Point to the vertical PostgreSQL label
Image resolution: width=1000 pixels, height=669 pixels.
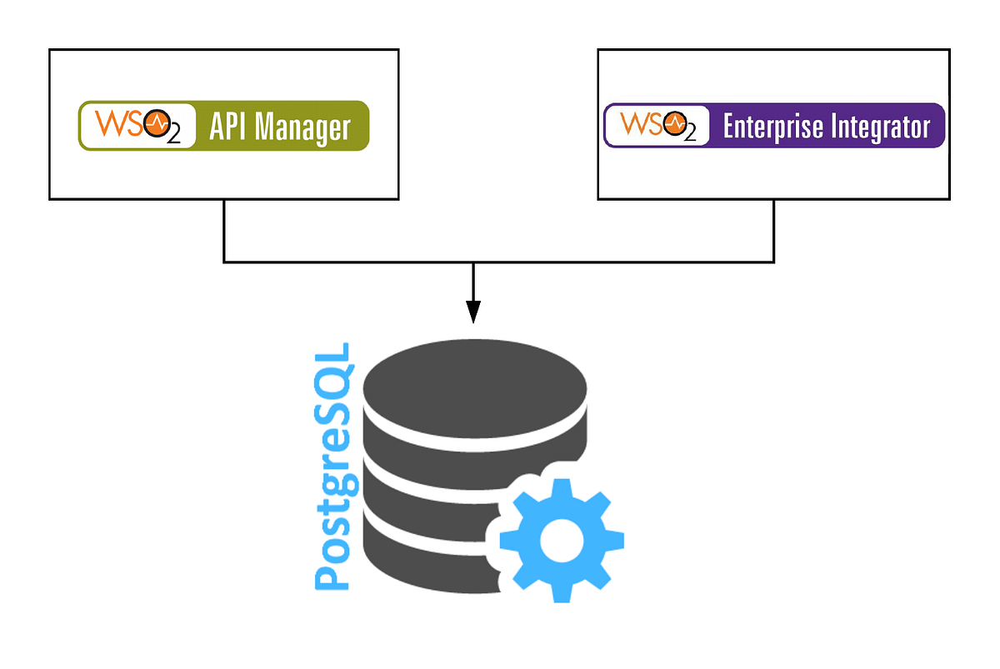(332, 467)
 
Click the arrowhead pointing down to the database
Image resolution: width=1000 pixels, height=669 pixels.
(473, 312)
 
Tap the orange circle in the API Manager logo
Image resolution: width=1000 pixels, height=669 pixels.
(155, 125)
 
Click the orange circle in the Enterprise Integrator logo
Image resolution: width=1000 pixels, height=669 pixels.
(676, 125)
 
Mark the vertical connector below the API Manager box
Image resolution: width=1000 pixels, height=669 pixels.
(224, 231)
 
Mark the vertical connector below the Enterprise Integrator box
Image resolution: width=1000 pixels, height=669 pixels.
(774, 231)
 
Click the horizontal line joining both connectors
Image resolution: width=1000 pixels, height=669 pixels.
(500, 262)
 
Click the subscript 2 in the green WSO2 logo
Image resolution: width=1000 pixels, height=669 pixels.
(173, 137)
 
